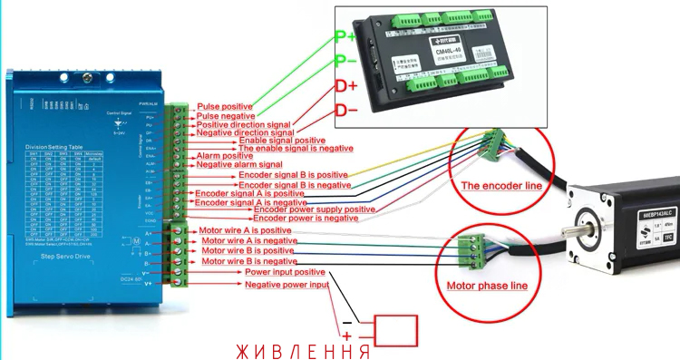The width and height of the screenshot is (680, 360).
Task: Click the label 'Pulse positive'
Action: (225, 106)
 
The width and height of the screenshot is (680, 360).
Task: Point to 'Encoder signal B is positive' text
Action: (286, 175)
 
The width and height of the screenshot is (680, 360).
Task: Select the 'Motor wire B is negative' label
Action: (249, 261)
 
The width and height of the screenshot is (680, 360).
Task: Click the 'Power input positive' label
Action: (285, 272)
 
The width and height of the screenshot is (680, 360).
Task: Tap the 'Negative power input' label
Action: (287, 285)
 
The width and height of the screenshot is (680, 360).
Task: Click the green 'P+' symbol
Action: (345, 37)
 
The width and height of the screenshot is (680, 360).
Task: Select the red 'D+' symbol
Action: (345, 87)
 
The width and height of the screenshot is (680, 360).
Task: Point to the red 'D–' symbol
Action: (345, 111)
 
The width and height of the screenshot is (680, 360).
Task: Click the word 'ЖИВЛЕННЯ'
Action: (302, 350)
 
